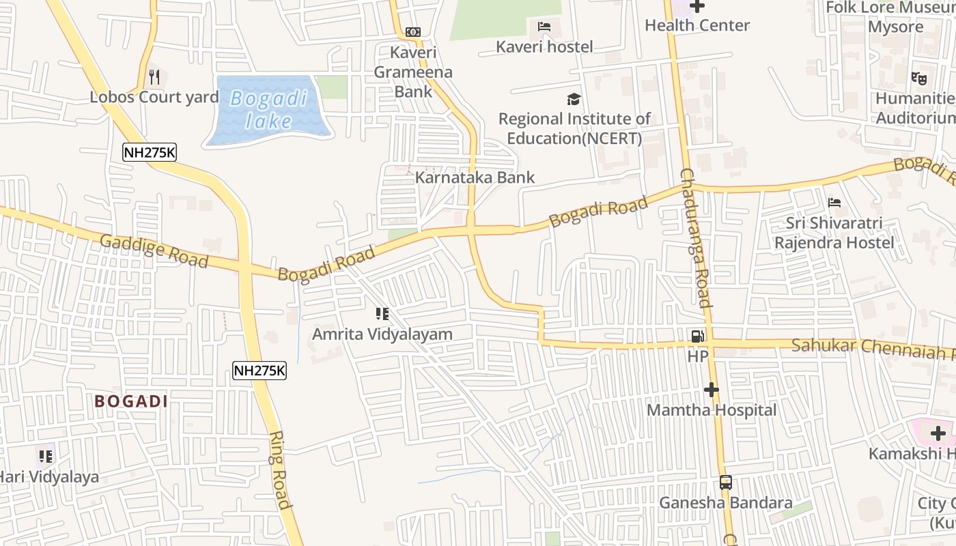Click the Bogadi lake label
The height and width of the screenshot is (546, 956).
click(268, 110)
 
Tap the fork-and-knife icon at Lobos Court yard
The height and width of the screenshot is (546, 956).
click(154, 77)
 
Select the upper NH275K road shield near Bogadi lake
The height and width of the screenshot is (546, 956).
click(150, 152)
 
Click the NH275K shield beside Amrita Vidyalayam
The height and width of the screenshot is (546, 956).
click(259, 371)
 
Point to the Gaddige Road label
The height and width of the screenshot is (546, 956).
click(154, 250)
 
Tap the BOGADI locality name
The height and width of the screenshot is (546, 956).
click(131, 401)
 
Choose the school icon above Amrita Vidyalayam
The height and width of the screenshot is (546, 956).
click(382, 314)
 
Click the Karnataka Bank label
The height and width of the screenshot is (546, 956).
click(475, 177)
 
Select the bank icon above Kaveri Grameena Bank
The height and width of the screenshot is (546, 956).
click(412, 32)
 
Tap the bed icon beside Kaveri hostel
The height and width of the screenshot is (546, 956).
click(544, 27)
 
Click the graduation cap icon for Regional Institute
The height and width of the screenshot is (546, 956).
click(574, 100)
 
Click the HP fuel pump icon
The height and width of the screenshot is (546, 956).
click(697, 336)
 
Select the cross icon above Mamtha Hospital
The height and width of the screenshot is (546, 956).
click(712, 390)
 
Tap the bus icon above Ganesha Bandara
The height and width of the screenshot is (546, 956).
click(726, 483)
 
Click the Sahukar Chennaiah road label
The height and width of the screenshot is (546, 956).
click(873, 347)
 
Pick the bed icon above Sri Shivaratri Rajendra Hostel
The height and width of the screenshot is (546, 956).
click(834, 203)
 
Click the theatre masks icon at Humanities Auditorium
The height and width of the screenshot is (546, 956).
click(919, 78)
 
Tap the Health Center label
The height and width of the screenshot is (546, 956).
click(697, 25)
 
